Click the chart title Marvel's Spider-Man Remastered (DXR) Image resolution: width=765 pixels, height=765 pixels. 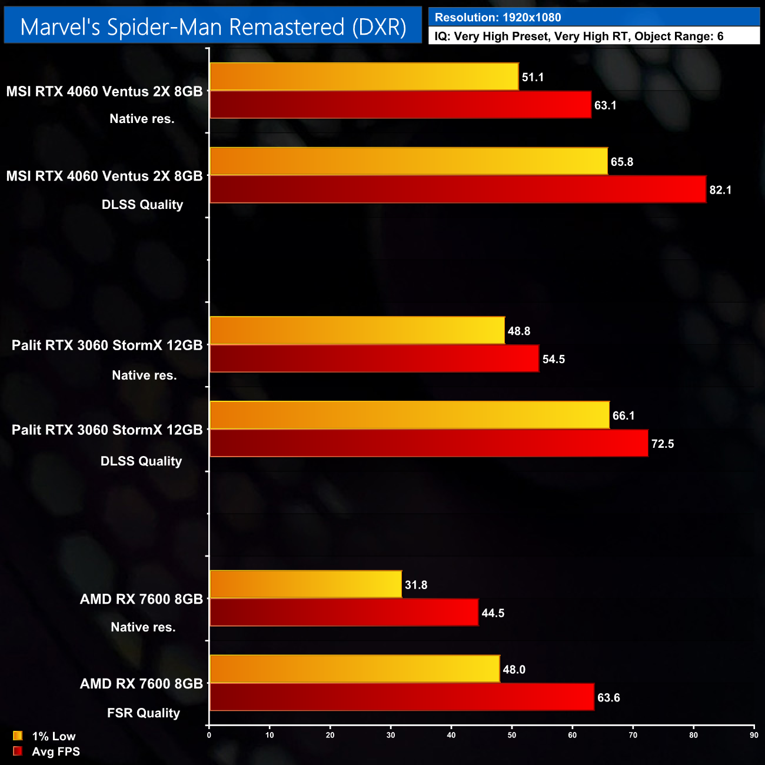213,27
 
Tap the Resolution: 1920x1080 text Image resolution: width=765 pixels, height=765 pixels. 497,17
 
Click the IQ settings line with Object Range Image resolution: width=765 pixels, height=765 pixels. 578,36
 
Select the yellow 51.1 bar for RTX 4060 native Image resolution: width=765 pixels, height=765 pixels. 364,76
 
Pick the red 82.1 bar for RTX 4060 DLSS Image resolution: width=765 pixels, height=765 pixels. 458,189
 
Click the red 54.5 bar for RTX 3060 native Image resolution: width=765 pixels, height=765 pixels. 374,358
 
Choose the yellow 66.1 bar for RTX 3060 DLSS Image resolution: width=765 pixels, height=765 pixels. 410,415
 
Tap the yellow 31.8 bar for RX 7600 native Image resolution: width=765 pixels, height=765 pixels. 305,584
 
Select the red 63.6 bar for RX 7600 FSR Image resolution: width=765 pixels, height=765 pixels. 402,697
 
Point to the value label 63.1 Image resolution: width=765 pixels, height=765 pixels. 605,105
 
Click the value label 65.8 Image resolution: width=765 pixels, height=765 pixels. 621,162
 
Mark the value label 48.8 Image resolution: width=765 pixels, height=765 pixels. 518,331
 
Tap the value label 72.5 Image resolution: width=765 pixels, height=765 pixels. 662,444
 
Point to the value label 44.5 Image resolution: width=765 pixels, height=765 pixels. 493,613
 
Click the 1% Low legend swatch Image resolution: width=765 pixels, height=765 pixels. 18,736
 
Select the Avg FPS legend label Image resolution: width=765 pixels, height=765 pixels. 56,751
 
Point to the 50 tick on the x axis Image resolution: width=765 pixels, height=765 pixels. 512,735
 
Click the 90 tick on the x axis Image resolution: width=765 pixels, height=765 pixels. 754,735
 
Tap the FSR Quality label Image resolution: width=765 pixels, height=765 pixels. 143,713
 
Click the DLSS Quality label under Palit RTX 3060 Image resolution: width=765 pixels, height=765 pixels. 141,461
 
